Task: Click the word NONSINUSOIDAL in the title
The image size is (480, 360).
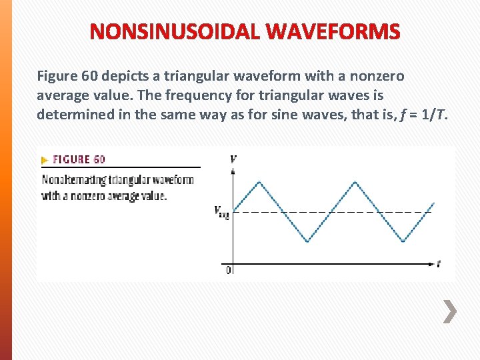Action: click(175, 31)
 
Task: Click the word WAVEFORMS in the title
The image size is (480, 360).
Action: click(334, 31)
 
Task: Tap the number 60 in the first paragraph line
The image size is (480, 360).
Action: click(89, 76)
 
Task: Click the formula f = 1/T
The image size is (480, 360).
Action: click(425, 114)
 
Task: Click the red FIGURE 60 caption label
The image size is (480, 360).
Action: click(79, 159)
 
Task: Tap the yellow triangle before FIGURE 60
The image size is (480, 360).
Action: click(45, 160)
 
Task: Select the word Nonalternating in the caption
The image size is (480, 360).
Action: click(71, 179)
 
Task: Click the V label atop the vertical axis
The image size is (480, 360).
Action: click(233, 159)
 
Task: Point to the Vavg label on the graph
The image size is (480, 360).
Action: click(221, 212)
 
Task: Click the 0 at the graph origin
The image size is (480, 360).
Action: click(229, 270)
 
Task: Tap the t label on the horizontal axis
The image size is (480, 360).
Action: click(438, 263)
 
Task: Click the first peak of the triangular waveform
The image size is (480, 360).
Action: click(259, 181)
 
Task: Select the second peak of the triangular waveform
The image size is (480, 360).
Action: click(355, 181)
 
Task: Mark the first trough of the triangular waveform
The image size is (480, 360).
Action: click(307, 241)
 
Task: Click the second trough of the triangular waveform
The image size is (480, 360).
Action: click(403, 241)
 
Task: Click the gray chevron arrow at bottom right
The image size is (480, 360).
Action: click(451, 311)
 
